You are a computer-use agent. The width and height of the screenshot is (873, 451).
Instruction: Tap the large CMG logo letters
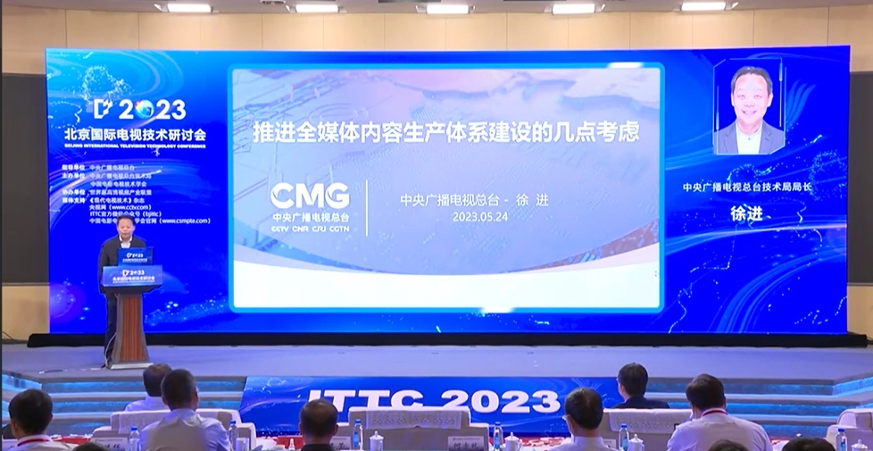tap(310, 196)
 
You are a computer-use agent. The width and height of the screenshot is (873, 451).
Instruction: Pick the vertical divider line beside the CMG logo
tap(367, 207)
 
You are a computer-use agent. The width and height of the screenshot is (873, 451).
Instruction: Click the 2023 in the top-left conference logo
tap(152, 110)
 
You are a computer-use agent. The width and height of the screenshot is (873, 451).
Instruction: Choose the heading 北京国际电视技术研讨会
tap(135, 134)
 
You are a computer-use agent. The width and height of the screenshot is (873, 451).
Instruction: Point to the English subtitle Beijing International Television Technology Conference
tap(135, 146)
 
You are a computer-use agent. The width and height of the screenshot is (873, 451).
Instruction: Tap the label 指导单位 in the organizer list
tap(74, 168)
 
